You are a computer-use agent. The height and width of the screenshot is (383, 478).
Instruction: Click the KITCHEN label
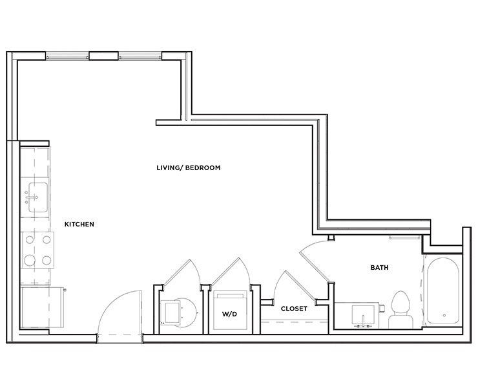[x=79, y=224]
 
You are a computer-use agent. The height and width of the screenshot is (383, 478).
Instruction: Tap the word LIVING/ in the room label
[x=170, y=168]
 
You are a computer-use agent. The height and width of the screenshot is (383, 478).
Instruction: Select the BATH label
[x=379, y=267]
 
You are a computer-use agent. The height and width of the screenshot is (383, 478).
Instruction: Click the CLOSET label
[x=294, y=309]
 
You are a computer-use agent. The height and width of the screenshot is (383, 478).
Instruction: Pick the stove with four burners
[x=37, y=250]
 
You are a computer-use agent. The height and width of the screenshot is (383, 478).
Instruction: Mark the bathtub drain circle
[x=444, y=315]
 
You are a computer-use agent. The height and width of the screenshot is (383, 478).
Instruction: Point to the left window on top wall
[x=67, y=56]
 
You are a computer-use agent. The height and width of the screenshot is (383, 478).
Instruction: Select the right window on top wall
[x=140, y=56]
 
